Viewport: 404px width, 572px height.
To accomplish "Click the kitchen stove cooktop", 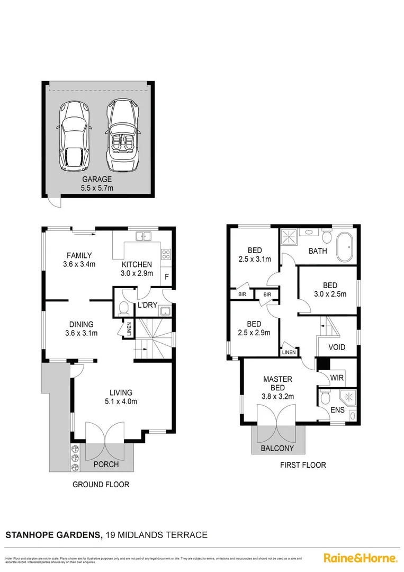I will coord(166,254).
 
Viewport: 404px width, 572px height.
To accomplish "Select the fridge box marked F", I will coord(167,276).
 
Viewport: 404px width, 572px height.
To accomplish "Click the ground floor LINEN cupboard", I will coord(130,329).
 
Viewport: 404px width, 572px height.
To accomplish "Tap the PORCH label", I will coord(106,464).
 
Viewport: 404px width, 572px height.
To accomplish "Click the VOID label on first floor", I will coord(337,347).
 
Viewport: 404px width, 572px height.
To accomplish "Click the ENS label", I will coord(337,409).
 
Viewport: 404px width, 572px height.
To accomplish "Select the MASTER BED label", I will coord(278,383).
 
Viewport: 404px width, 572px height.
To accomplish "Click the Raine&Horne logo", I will coord(360,558).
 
